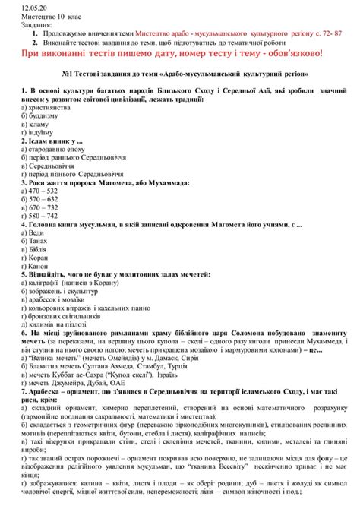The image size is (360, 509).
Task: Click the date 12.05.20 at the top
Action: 16,5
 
